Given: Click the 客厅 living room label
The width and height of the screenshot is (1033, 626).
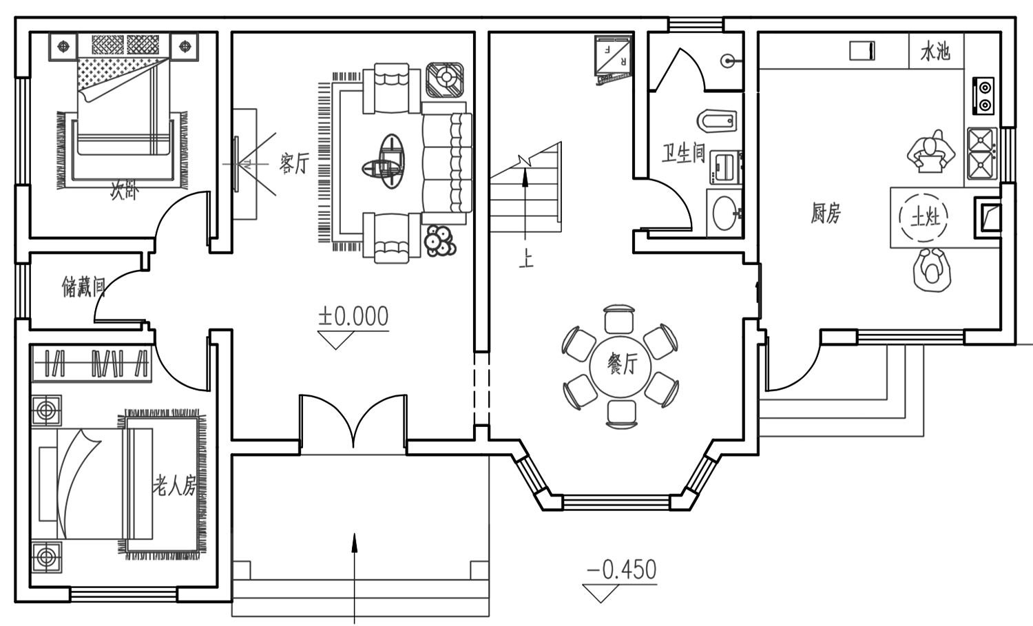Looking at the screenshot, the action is [x=294, y=163].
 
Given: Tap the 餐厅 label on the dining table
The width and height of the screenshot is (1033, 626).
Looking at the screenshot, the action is [x=621, y=364].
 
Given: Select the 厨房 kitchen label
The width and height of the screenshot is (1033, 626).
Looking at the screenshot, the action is [x=826, y=213].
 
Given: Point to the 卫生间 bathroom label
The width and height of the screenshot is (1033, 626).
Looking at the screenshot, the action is [x=683, y=153].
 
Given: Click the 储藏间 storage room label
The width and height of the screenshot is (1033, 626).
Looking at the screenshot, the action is [x=84, y=286].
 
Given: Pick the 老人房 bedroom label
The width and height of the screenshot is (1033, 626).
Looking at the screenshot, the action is [x=175, y=485].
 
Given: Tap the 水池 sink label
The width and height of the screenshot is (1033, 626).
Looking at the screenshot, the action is [x=936, y=51].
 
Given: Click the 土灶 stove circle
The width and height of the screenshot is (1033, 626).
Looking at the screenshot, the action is [x=924, y=217].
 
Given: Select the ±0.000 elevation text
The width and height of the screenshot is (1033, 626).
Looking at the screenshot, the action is [x=353, y=317].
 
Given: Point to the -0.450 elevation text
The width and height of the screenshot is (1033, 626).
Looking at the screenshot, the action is [x=621, y=570].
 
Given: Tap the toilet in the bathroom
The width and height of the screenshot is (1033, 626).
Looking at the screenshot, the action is [x=717, y=121].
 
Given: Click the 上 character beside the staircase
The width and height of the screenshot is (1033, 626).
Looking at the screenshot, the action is [x=525, y=259].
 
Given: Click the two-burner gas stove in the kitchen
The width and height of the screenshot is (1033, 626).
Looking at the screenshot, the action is [x=983, y=96].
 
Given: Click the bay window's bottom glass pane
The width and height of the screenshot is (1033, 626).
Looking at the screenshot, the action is [x=616, y=502].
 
